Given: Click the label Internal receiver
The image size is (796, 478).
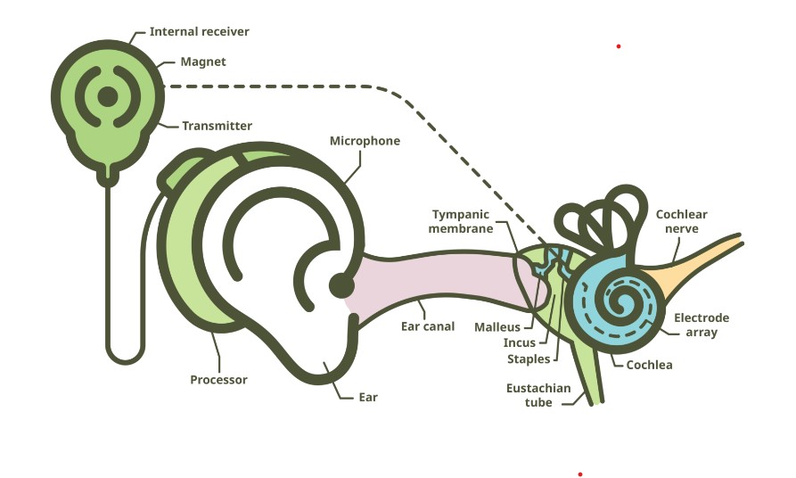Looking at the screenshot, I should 199,32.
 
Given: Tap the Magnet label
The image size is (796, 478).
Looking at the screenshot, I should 203,62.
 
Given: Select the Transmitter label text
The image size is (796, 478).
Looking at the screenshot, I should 217,126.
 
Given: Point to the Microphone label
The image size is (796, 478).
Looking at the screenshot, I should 365,141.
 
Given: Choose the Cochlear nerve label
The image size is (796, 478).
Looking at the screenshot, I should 681,222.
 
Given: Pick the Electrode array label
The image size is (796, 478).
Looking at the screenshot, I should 701,326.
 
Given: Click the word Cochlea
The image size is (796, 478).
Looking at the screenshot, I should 649,365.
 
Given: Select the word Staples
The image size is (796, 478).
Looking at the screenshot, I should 529,359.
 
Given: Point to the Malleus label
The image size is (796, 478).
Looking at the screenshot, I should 496,327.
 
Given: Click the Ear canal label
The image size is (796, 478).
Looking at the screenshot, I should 428,326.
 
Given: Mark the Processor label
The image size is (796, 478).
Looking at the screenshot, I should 218,380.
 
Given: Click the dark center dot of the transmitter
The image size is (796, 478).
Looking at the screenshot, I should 107,96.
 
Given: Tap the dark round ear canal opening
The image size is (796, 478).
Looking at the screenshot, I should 341,285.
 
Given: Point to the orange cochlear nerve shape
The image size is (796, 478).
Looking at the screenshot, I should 704,254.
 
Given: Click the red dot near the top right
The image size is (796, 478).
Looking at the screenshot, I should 618,46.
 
